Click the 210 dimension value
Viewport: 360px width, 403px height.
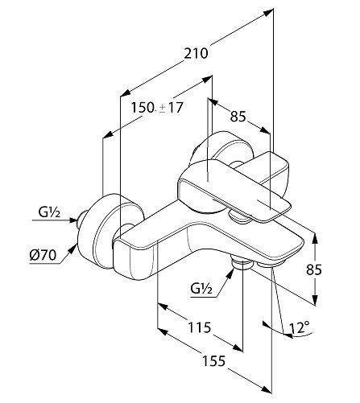196,53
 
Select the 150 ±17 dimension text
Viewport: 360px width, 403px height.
157,108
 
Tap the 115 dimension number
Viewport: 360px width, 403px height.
199,327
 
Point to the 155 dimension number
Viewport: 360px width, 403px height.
213,361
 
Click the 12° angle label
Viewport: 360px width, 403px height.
299,327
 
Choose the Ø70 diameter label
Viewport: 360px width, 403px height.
43,255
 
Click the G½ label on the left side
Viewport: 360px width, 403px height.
49,212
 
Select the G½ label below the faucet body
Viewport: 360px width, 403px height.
201,289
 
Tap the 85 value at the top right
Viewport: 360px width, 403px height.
238,117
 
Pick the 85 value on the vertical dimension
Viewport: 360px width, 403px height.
314,269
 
